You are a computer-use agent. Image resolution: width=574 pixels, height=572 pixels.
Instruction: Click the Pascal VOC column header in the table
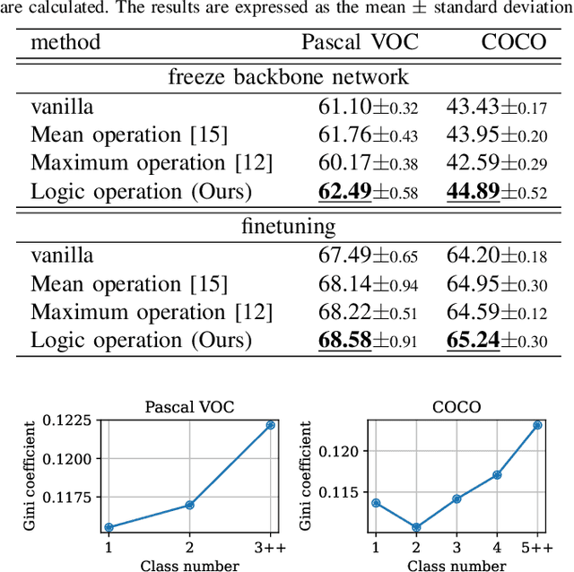click(x=360, y=42)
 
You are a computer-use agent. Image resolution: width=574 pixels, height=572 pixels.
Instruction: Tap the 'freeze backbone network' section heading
click(x=288, y=77)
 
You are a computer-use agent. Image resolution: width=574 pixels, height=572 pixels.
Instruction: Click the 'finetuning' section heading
click(x=288, y=225)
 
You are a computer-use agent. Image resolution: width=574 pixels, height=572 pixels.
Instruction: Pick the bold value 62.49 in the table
click(x=345, y=191)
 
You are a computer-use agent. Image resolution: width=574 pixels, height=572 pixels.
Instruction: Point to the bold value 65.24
click(x=473, y=340)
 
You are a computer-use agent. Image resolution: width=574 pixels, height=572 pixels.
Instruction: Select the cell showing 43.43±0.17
click(x=496, y=107)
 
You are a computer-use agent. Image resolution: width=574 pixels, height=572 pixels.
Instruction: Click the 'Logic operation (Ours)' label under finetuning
click(x=141, y=340)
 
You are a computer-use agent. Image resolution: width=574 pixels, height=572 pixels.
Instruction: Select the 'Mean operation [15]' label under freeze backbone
click(x=129, y=134)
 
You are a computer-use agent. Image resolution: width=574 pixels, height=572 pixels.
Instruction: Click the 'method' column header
click(x=65, y=42)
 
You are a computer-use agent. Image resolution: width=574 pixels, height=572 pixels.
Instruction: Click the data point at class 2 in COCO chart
click(x=415, y=527)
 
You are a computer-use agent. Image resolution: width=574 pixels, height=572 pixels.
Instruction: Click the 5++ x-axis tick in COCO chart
click(x=536, y=547)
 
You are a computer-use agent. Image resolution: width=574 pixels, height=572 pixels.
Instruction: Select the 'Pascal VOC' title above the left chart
click(x=190, y=406)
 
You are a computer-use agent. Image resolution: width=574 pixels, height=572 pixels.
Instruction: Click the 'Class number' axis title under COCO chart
click(x=456, y=565)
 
